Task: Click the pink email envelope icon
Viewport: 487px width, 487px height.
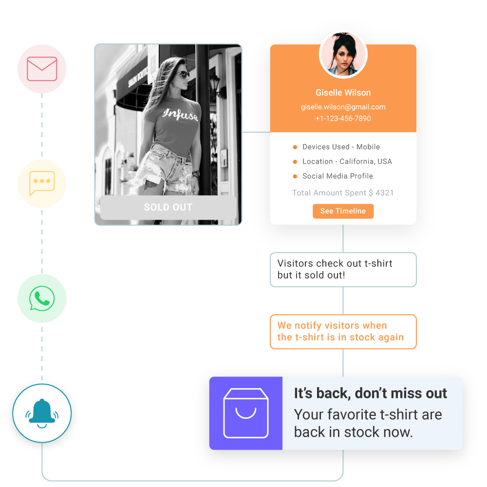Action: (x=42, y=69)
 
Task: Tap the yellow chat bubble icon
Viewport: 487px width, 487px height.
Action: (x=42, y=184)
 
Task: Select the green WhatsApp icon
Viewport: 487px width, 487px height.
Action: (x=42, y=298)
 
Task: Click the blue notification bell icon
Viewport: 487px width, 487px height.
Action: (x=42, y=413)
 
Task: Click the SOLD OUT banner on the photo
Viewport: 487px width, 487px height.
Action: (x=168, y=207)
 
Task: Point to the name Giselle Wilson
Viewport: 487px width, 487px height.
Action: (x=343, y=93)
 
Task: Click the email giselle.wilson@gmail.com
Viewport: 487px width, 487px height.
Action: (x=343, y=107)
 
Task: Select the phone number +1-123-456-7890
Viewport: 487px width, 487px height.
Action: (x=343, y=118)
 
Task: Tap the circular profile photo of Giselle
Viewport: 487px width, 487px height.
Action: (x=343, y=55)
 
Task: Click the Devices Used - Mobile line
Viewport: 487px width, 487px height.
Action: (x=341, y=147)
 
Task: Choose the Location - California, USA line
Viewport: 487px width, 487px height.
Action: (x=347, y=161)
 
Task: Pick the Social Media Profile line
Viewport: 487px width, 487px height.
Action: (x=337, y=176)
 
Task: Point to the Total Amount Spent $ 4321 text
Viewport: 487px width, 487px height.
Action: (x=343, y=193)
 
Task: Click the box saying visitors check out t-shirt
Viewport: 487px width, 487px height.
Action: (x=343, y=269)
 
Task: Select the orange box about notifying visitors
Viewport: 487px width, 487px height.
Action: (x=343, y=332)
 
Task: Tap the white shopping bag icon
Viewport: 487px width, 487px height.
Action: (x=246, y=413)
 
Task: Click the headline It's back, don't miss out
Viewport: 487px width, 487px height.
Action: (x=370, y=393)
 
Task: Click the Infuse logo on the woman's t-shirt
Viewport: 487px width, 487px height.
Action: (x=181, y=115)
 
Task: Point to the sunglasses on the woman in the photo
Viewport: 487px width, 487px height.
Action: (x=182, y=75)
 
